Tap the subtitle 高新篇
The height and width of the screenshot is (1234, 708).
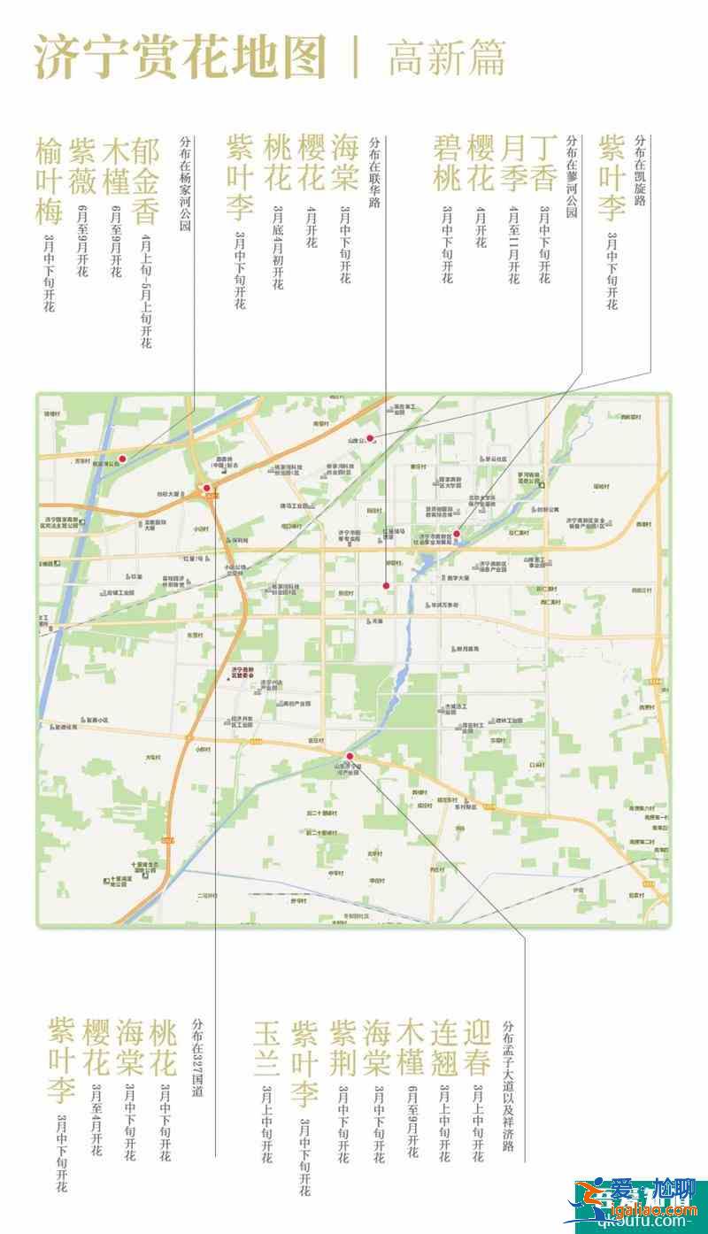[x=447, y=58]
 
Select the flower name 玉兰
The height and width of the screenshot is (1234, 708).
[x=266, y=1048]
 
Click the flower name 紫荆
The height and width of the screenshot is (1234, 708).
[x=342, y=1048]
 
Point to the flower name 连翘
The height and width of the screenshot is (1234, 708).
[x=444, y=1048]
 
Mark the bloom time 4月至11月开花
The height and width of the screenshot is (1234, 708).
[x=513, y=244]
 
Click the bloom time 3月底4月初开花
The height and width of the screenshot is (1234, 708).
[x=278, y=247]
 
